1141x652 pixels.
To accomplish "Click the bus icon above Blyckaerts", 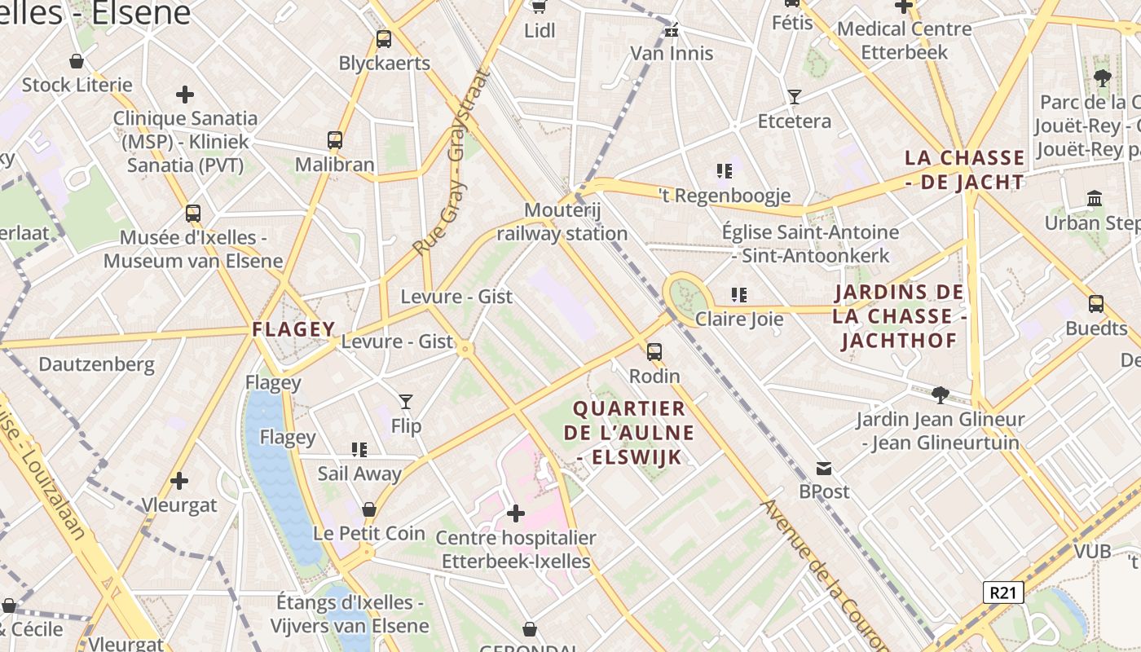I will (x=384, y=38).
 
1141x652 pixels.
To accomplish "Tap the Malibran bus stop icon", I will (x=335, y=139).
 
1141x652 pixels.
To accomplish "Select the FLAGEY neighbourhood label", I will (x=293, y=329).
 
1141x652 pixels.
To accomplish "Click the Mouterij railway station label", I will (x=562, y=222).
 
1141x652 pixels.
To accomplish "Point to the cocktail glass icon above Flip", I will (x=406, y=401).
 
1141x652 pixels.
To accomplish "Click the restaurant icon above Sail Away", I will (x=359, y=449).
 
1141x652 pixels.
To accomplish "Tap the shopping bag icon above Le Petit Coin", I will (x=369, y=509).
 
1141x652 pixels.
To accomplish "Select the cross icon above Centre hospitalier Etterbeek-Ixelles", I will (x=516, y=513).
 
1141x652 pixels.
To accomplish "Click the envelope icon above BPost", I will (x=824, y=469).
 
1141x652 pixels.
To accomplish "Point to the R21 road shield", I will (x=1002, y=593).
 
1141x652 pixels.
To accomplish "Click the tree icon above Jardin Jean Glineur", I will (x=941, y=395).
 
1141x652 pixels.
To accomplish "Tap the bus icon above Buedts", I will (x=1096, y=304).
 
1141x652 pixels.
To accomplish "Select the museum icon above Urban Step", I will (x=1095, y=198).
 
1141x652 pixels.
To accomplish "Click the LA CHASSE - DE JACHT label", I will (x=965, y=170).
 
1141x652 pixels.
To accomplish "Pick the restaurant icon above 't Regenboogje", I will (x=724, y=171).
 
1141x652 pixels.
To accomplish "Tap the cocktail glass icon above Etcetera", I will (x=795, y=97).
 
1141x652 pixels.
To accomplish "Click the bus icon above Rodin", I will (x=654, y=352).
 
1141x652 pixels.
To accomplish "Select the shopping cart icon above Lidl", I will (x=539, y=7).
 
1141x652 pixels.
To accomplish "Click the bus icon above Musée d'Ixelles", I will (x=193, y=214).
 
